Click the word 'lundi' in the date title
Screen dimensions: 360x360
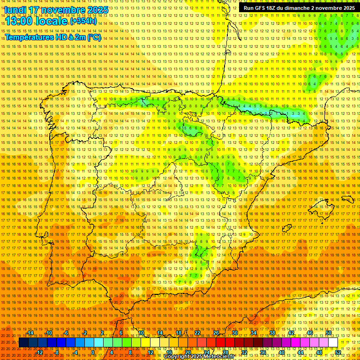(x=15, y=10)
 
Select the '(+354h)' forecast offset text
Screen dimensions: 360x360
(x=83, y=22)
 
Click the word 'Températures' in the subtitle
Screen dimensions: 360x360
(x=29, y=37)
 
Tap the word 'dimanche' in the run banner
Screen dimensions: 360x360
(x=298, y=8)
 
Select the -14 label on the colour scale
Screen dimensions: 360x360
(x=30, y=333)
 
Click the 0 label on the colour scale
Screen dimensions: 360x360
(x=93, y=352)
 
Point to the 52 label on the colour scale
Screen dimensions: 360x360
(x=338, y=352)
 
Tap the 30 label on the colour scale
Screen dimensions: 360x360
(x=234, y=333)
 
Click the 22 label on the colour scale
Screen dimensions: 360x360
(x=197, y=333)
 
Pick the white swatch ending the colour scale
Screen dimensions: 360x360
(x=333, y=343)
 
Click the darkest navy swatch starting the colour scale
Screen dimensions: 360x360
(x=23, y=343)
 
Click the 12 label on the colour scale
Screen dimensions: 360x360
(x=150, y=352)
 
